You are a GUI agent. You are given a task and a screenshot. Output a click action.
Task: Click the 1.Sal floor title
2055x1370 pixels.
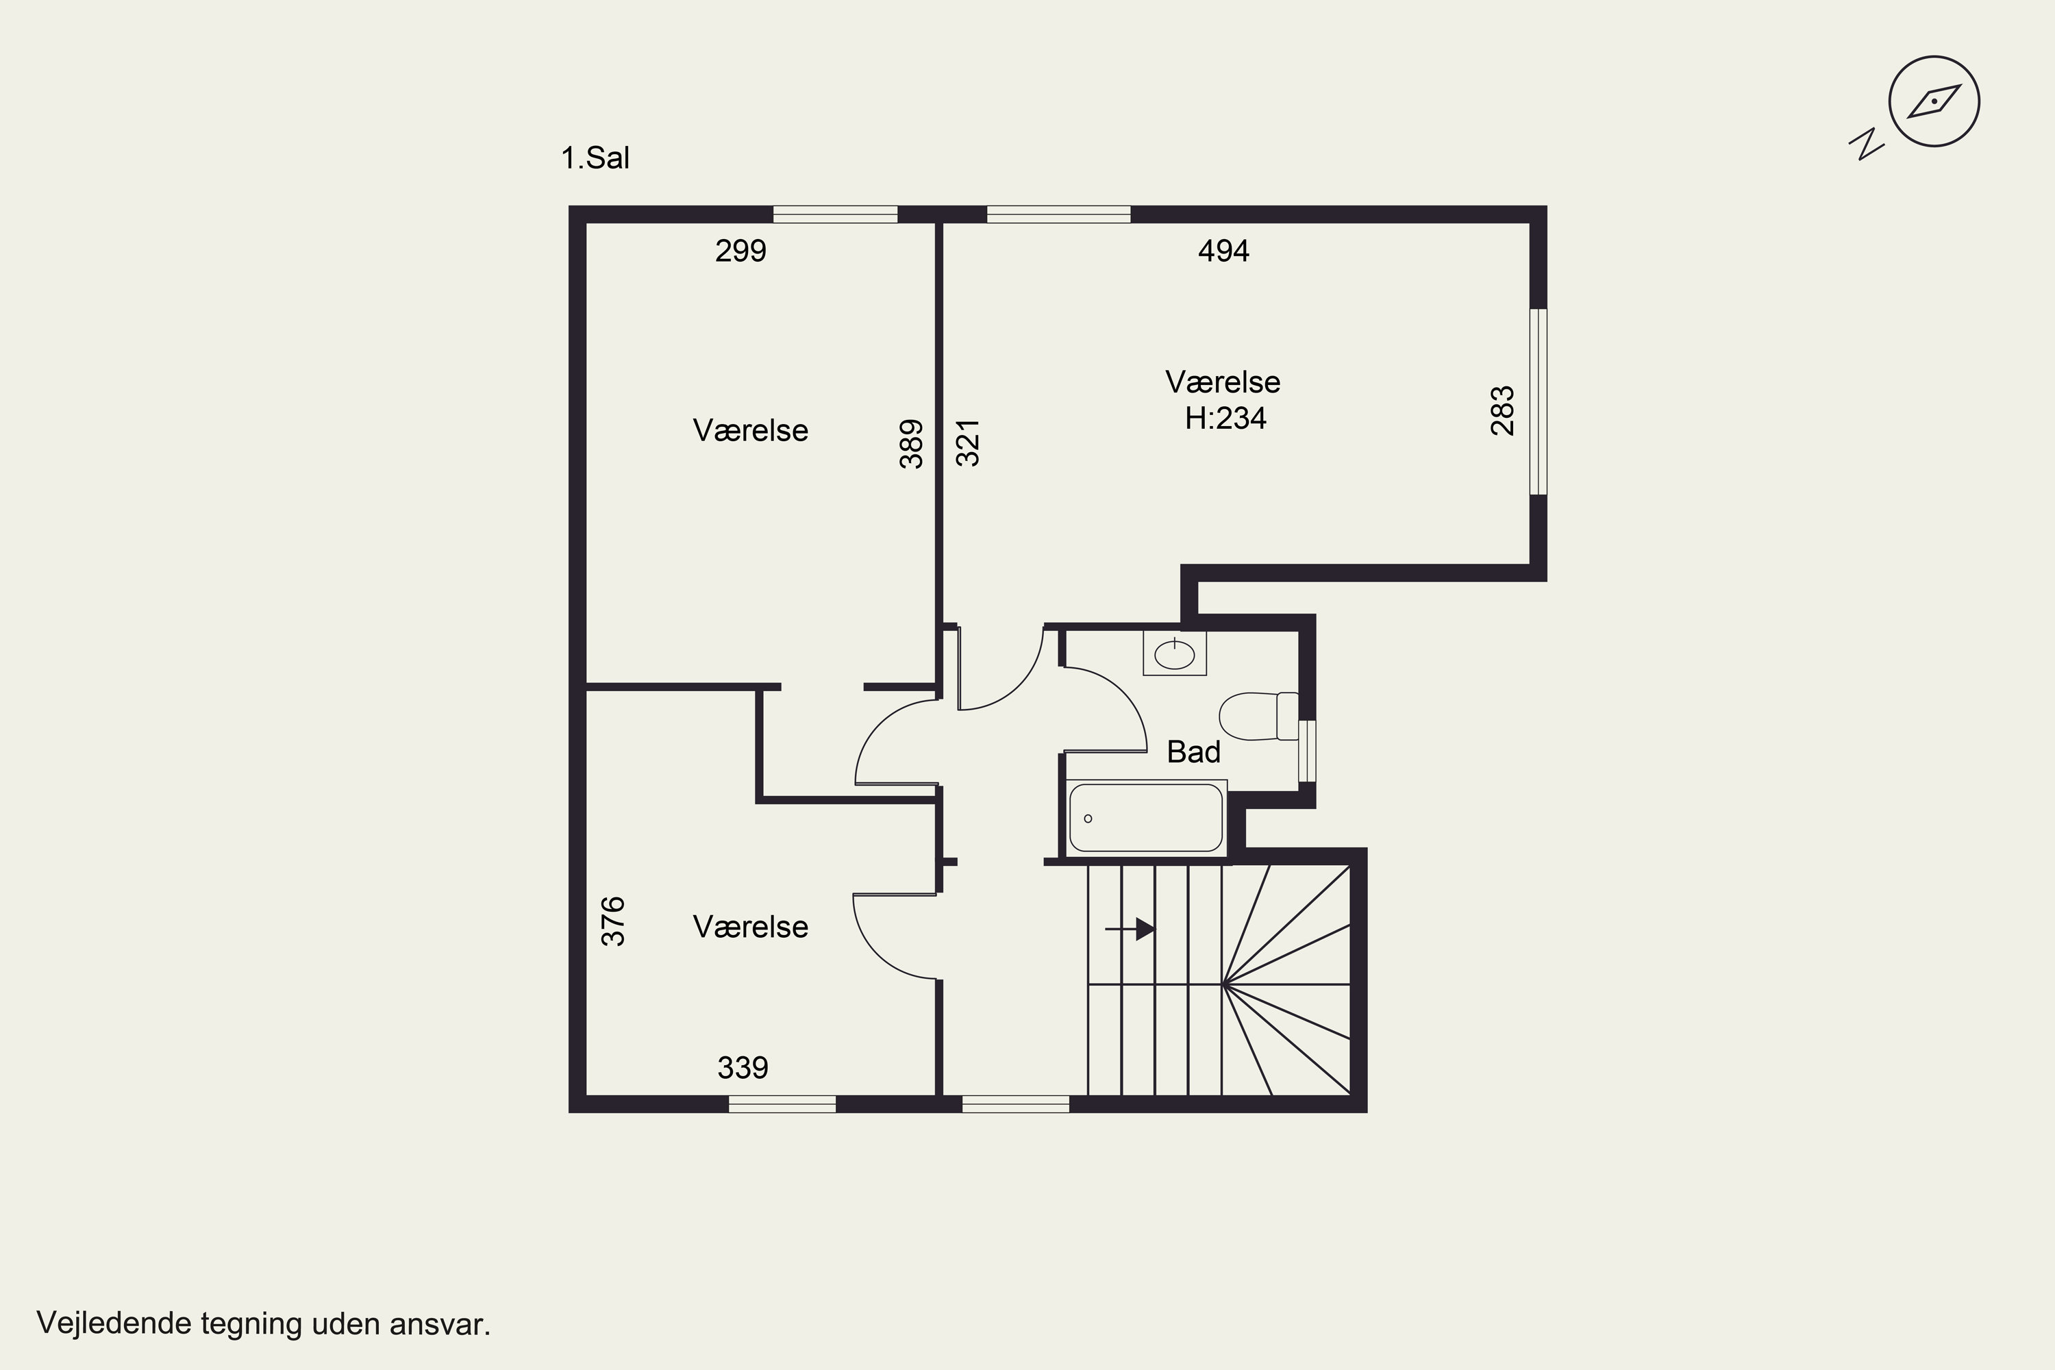(595, 158)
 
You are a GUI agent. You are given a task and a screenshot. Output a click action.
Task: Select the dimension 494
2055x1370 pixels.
(1223, 251)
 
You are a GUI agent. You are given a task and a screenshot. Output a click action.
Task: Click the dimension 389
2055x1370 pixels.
(911, 444)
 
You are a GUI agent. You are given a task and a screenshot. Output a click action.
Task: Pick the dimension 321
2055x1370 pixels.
(968, 444)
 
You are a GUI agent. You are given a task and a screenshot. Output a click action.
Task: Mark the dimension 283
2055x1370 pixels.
(1503, 410)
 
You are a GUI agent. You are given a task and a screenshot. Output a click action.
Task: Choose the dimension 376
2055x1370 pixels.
(613, 921)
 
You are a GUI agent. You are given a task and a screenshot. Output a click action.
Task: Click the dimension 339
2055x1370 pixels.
(743, 1068)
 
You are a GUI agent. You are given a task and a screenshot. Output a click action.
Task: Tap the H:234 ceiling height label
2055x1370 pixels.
(1225, 419)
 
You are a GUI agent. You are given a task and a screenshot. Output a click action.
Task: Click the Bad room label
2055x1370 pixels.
(1193, 752)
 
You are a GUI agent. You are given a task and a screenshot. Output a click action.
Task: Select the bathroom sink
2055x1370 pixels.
(1174, 653)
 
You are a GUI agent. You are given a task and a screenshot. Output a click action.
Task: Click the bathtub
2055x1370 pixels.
(1145, 818)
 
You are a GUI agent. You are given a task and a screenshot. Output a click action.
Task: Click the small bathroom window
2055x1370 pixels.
(1307, 751)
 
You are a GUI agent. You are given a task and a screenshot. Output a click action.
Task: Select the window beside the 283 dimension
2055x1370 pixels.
(1538, 402)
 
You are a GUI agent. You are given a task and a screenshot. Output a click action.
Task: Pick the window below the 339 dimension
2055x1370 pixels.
(782, 1104)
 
